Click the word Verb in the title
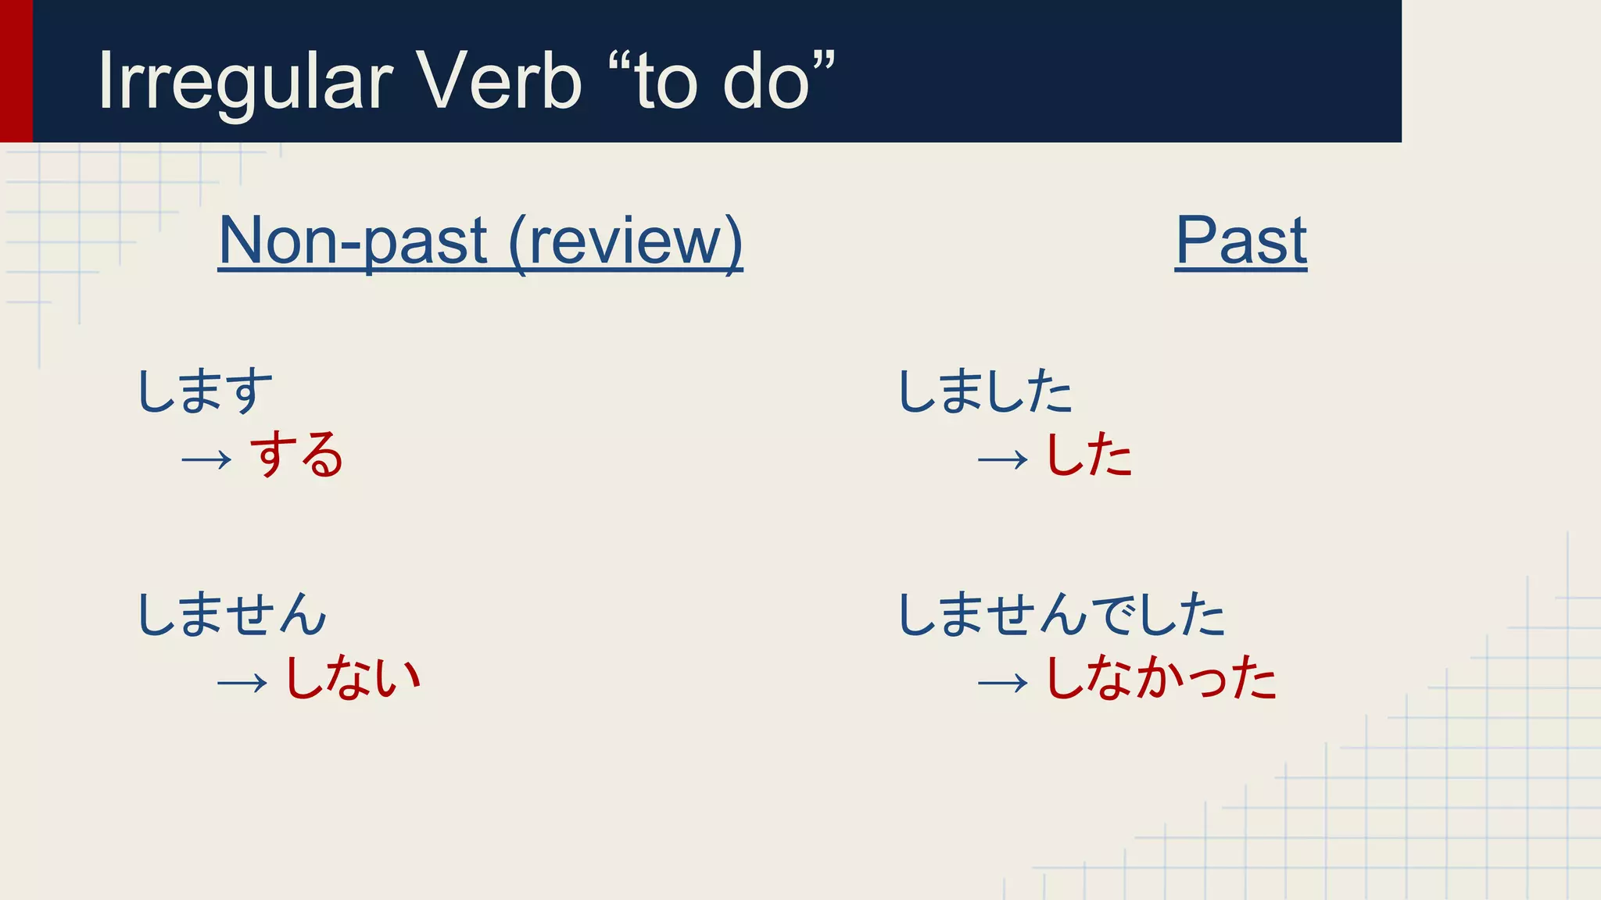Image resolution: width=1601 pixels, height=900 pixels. (x=497, y=80)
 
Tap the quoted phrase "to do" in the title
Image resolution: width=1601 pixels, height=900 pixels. (x=721, y=80)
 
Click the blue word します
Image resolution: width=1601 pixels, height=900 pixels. (x=205, y=391)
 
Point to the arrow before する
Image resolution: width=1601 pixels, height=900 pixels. (x=206, y=459)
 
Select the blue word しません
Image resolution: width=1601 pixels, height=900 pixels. (x=231, y=614)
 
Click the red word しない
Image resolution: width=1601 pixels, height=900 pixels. (x=353, y=677)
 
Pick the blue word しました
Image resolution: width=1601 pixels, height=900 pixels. (x=985, y=391)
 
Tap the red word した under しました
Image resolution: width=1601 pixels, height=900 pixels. (x=1088, y=455)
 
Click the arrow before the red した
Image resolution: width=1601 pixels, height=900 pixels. (x=1002, y=459)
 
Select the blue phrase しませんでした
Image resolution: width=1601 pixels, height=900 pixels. (x=1061, y=614)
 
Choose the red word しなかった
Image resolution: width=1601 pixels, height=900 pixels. (x=1160, y=677)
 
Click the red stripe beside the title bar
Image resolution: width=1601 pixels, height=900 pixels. (x=16, y=70)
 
